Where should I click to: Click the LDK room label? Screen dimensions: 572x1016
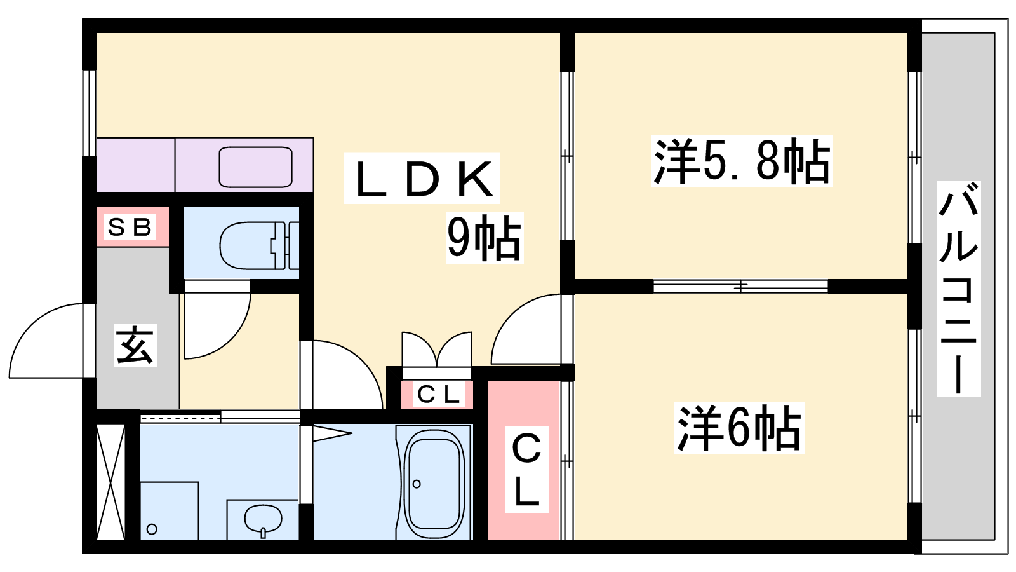tap(422, 179)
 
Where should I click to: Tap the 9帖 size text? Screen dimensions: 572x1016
tap(484, 238)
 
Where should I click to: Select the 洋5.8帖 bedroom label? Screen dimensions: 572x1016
tap(742, 161)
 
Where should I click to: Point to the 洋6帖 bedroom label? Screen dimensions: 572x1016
tap(739, 428)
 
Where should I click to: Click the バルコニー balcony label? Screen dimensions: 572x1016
tap(958, 289)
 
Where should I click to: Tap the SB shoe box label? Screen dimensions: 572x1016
tap(130, 227)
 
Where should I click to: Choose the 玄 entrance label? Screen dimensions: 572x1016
tap(135, 346)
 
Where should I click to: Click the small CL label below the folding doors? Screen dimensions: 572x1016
tap(438, 395)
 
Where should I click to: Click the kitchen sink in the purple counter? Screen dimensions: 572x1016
tap(255, 167)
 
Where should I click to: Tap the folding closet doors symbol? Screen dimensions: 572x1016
tap(437, 351)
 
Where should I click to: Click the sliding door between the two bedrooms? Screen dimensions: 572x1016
tap(740, 287)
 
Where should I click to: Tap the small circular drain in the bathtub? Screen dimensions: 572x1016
tap(417, 484)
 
